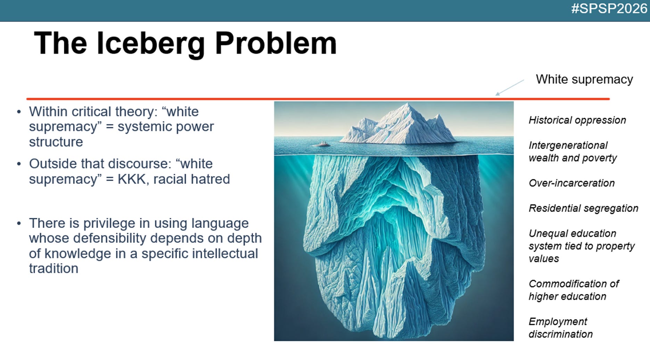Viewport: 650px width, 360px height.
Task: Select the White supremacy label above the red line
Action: [x=584, y=79]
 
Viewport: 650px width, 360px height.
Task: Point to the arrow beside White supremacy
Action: [x=510, y=88]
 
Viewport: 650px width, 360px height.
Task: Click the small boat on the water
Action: [x=322, y=144]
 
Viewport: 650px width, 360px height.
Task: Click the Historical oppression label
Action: [x=577, y=120]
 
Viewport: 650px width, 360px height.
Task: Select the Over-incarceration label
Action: [x=571, y=183]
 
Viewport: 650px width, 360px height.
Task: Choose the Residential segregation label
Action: [x=583, y=208]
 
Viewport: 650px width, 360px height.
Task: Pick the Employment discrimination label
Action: [x=560, y=328]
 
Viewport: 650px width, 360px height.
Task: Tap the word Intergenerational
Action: [x=568, y=146]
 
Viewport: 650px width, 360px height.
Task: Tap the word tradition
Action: [x=54, y=269]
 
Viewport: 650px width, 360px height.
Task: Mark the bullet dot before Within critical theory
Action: [x=19, y=112]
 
